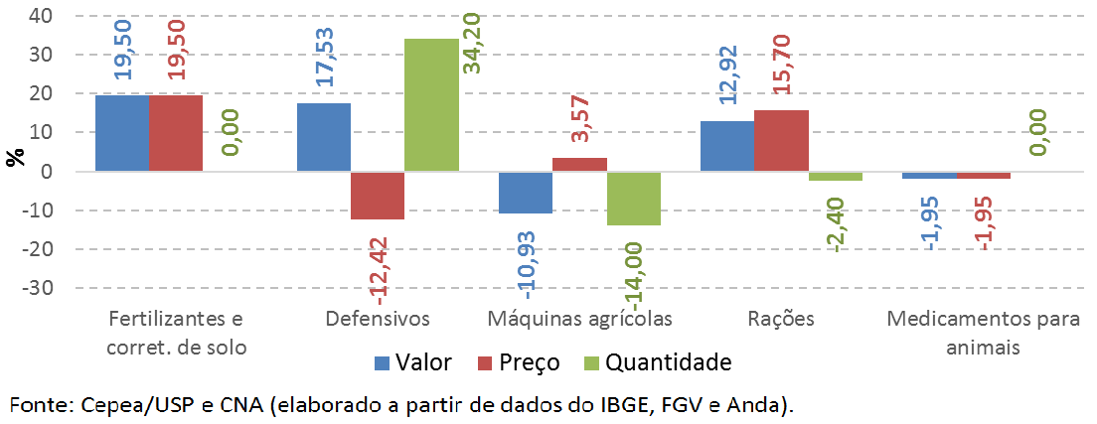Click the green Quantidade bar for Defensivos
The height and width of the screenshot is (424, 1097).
tap(431, 105)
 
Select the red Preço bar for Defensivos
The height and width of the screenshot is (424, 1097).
tap(378, 196)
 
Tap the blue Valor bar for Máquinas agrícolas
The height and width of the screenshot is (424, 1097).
tap(525, 193)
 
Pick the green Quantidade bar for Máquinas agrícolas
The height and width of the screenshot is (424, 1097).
tap(633, 199)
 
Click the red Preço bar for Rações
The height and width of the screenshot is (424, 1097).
tap(781, 141)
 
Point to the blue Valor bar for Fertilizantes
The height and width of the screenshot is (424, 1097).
tap(121, 134)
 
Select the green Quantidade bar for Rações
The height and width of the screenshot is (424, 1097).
tap(835, 177)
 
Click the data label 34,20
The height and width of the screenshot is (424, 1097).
tap(473, 68)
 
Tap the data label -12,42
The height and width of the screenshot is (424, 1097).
tap(379, 265)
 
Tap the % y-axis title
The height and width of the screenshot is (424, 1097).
tap(15, 157)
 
